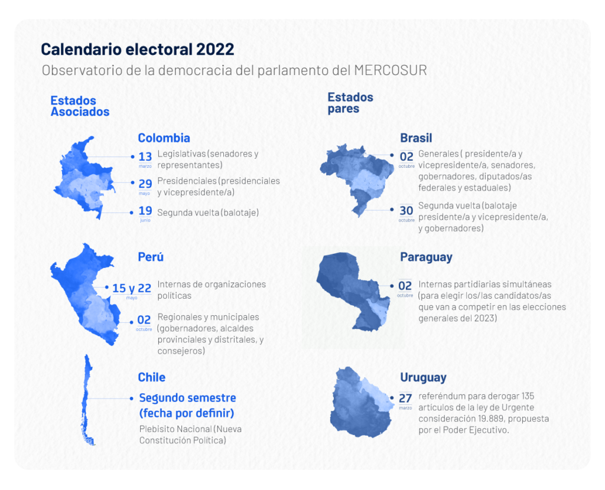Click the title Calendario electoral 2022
[x=137, y=50]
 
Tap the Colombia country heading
[x=164, y=138]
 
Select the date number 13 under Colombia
[x=145, y=157]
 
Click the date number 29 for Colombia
[x=145, y=184]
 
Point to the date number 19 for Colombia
[x=145, y=211]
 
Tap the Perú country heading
[x=151, y=257]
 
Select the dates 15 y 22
[x=132, y=288]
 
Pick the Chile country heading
[x=152, y=377]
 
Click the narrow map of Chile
[x=89, y=401]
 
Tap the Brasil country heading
[x=416, y=138]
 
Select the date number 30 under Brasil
[x=406, y=211]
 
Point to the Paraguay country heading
[x=426, y=257]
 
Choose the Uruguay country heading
[x=423, y=377]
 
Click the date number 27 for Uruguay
[x=405, y=398]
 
